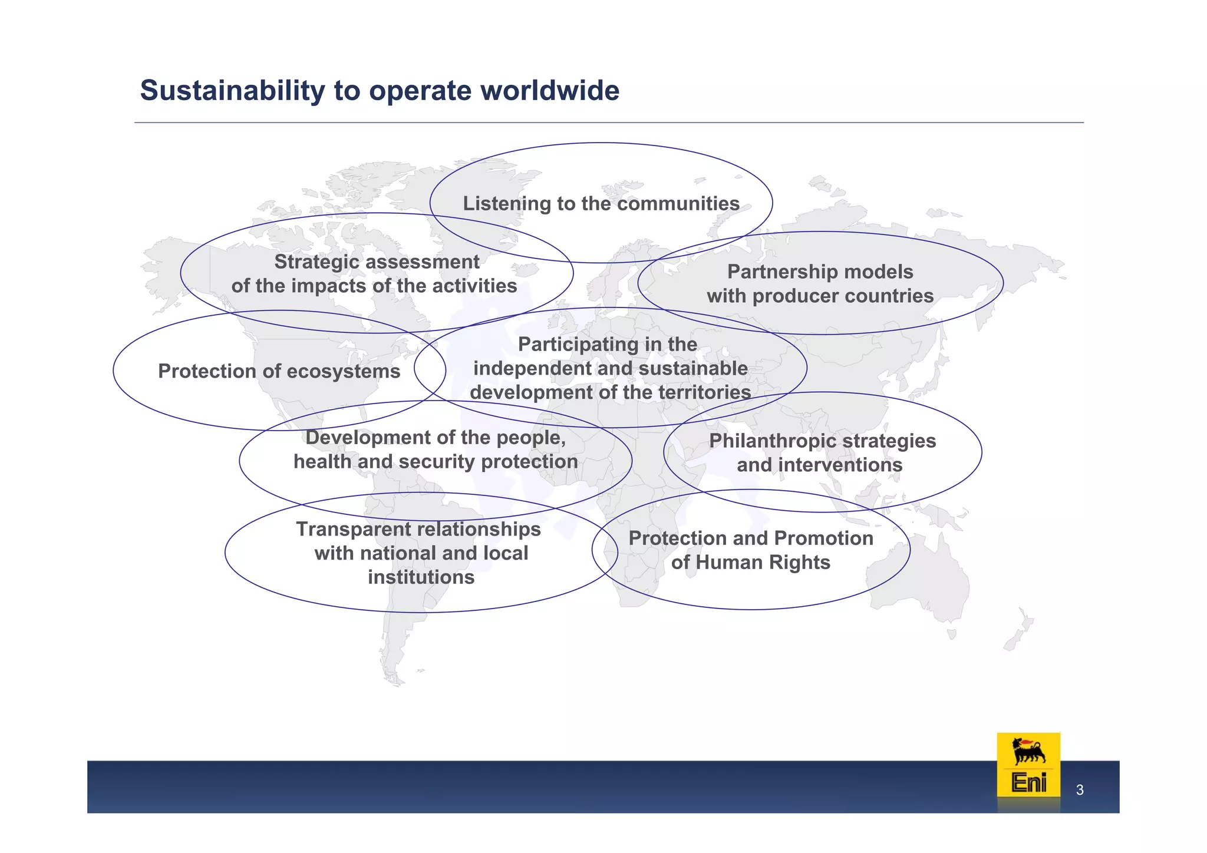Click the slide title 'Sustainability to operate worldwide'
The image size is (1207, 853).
tap(380, 91)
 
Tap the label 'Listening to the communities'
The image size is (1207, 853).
tap(601, 204)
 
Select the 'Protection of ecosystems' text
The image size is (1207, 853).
tap(279, 372)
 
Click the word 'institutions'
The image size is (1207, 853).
tap(421, 577)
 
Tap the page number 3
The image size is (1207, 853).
tap(1080, 791)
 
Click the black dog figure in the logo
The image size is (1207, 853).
tap(1028, 752)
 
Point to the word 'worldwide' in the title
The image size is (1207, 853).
tap(550, 91)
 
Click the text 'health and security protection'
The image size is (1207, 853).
tap(436, 462)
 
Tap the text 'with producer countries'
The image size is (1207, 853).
tap(820, 296)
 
